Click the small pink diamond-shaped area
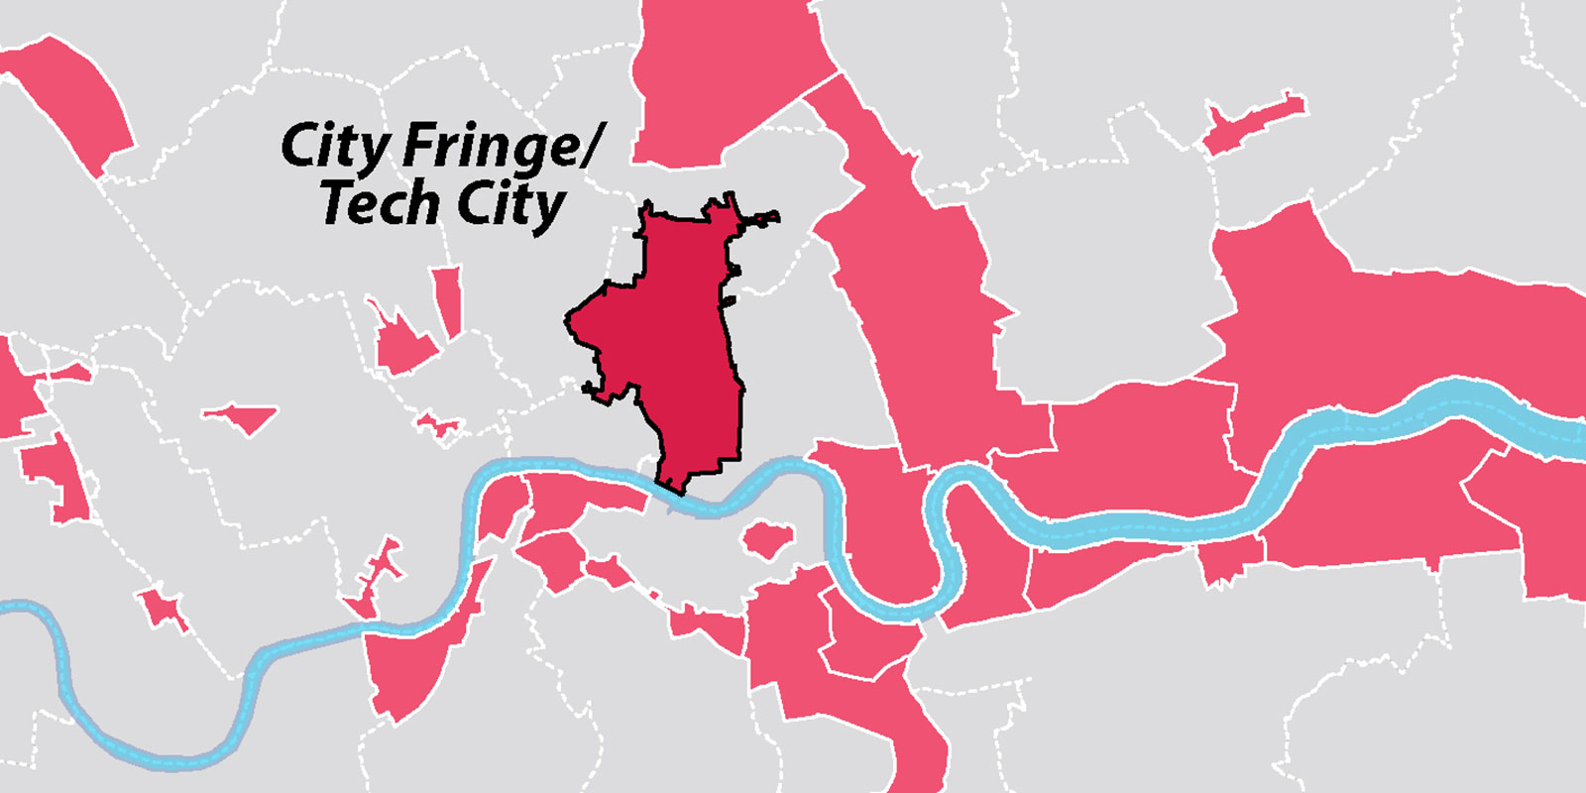[x=241, y=417]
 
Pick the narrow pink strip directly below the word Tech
[x=448, y=301]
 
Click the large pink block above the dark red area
[x=719, y=79]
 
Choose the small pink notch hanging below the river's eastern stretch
[x=1229, y=560]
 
